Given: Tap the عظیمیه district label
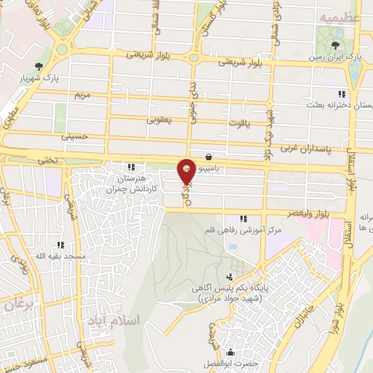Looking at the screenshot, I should pyautogui.click(x=338, y=15).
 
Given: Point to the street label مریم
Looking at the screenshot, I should pyautogui.click(x=81, y=95).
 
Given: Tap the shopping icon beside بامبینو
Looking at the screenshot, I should pyautogui.click(x=210, y=156).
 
